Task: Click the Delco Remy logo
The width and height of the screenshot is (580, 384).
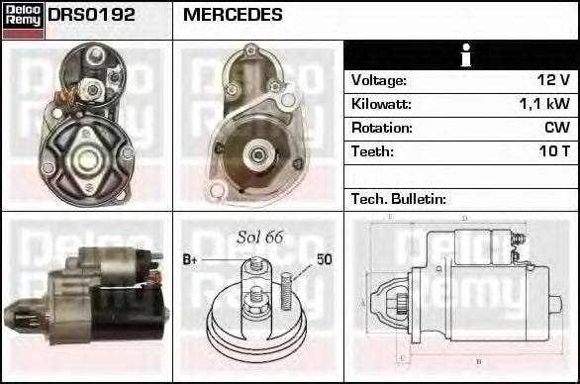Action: [x=23, y=20]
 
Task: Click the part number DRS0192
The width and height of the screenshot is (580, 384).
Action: [x=92, y=16]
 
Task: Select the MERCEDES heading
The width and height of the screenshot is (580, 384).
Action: [x=233, y=16]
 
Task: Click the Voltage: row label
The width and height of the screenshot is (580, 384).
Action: [x=379, y=80]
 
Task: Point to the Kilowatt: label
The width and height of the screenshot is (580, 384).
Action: [x=381, y=104]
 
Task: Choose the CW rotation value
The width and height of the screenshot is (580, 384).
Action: [x=556, y=128]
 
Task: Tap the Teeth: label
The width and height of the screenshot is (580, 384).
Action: [x=372, y=151]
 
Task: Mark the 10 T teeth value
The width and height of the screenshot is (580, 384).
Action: [x=552, y=151]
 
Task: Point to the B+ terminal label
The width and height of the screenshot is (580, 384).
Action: [x=191, y=260]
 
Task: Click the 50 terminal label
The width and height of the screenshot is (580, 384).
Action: [x=323, y=259]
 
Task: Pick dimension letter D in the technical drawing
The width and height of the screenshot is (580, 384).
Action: [x=464, y=218]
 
